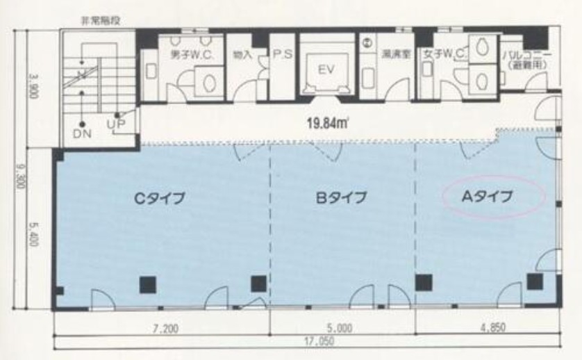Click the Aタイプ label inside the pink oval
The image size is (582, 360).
pyautogui.click(x=492, y=197)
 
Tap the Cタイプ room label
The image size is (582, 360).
pyautogui.click(x=159, y=197)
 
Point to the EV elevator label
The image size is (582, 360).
pyautogui.click(x=326, y=69)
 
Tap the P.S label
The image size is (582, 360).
pyautogui.click(x=281, y=54)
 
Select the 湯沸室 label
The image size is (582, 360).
pyautogui.click(x=392, y=54)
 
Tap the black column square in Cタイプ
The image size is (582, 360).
pyautogui.click(x=147, y=283)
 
